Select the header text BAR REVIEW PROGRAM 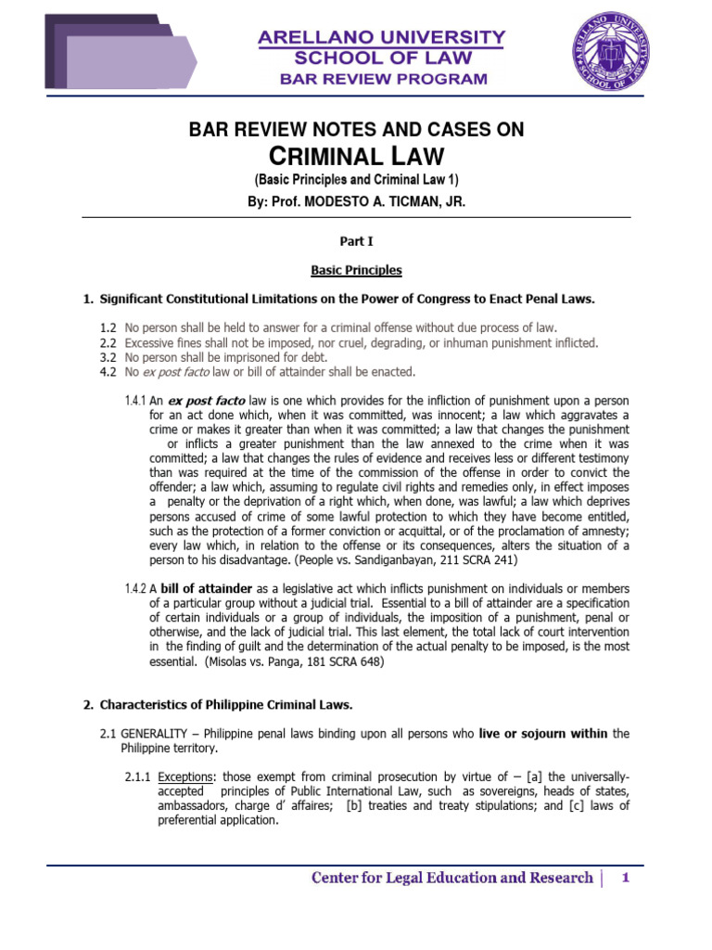pyautogui.click(x=383, y=79)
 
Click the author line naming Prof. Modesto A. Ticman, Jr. pyautogui.click(x=356, y=199)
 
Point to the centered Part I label pyautogui.click(x=356, y=241)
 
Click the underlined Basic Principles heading pyautogui.click(x=356, y=271)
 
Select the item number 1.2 pyautogui.click(x=108, y=328)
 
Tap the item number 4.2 pyautogui.click(x=108, y=371)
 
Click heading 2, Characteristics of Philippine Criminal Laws pyautogui.click(x=226, y=705)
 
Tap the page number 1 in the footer pyautogui.click(x=626, y=878)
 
